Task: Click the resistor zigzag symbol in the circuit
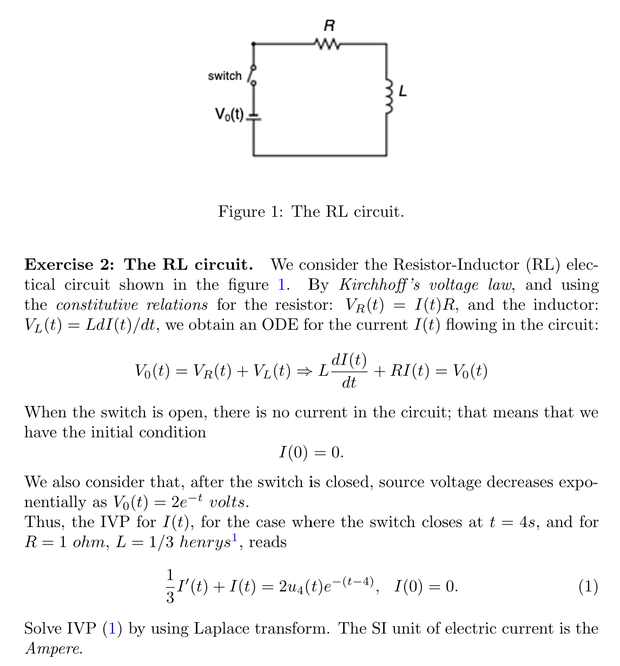[x=327, y=43]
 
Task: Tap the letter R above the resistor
[x=328, y=25]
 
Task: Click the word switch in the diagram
[x=225, y=76]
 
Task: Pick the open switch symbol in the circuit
[x=253, y=75]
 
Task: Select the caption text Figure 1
[x=250, y=211]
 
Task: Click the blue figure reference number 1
[x=281, y=285]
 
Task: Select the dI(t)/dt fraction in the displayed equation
[x=349, y=371]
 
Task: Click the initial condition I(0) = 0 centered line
[x=311, y=452]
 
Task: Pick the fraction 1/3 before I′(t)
[x=170, y=586]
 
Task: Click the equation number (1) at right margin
[x=588, y=586]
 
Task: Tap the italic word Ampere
[x=54, y=649]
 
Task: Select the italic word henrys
[x=205, y=542]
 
